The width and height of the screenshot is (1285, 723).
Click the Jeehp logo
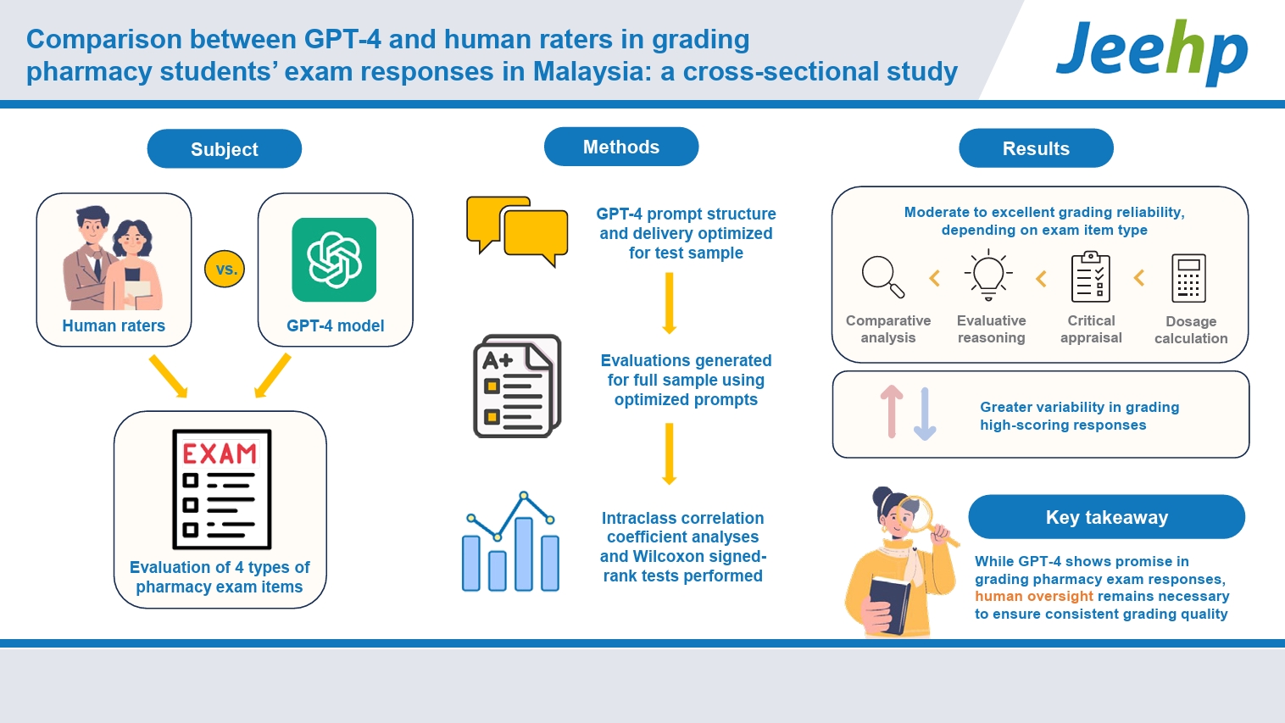click(1152, 52)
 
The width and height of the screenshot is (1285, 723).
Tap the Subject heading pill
click(225, 148)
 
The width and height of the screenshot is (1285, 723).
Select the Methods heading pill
click(621, 147)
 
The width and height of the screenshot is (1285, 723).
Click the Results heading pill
click(1036, 148)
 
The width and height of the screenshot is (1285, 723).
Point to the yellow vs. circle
click(225, 269)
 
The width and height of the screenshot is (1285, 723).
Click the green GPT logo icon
click(334, 259)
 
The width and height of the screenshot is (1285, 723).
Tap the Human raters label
click(114, 325)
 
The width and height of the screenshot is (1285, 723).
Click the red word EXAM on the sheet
click(220, 453)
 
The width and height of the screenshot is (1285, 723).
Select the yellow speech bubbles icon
click(517, 231)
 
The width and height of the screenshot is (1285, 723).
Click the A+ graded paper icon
click(517, 386)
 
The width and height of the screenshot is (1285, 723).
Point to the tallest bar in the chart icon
click(524, 553)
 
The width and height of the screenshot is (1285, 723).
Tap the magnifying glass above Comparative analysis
click(883, 276)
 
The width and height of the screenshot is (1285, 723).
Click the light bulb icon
click(988, 275)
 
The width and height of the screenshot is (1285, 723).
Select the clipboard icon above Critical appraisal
click(1091, 276)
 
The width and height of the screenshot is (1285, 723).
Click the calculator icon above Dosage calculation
click(1188, 278)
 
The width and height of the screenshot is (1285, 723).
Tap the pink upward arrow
click(892, 411)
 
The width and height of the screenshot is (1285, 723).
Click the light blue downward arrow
click(925, 414)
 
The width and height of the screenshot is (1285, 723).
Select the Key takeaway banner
click(1107, 517)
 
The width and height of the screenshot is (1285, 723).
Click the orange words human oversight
click(1034, 596)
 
